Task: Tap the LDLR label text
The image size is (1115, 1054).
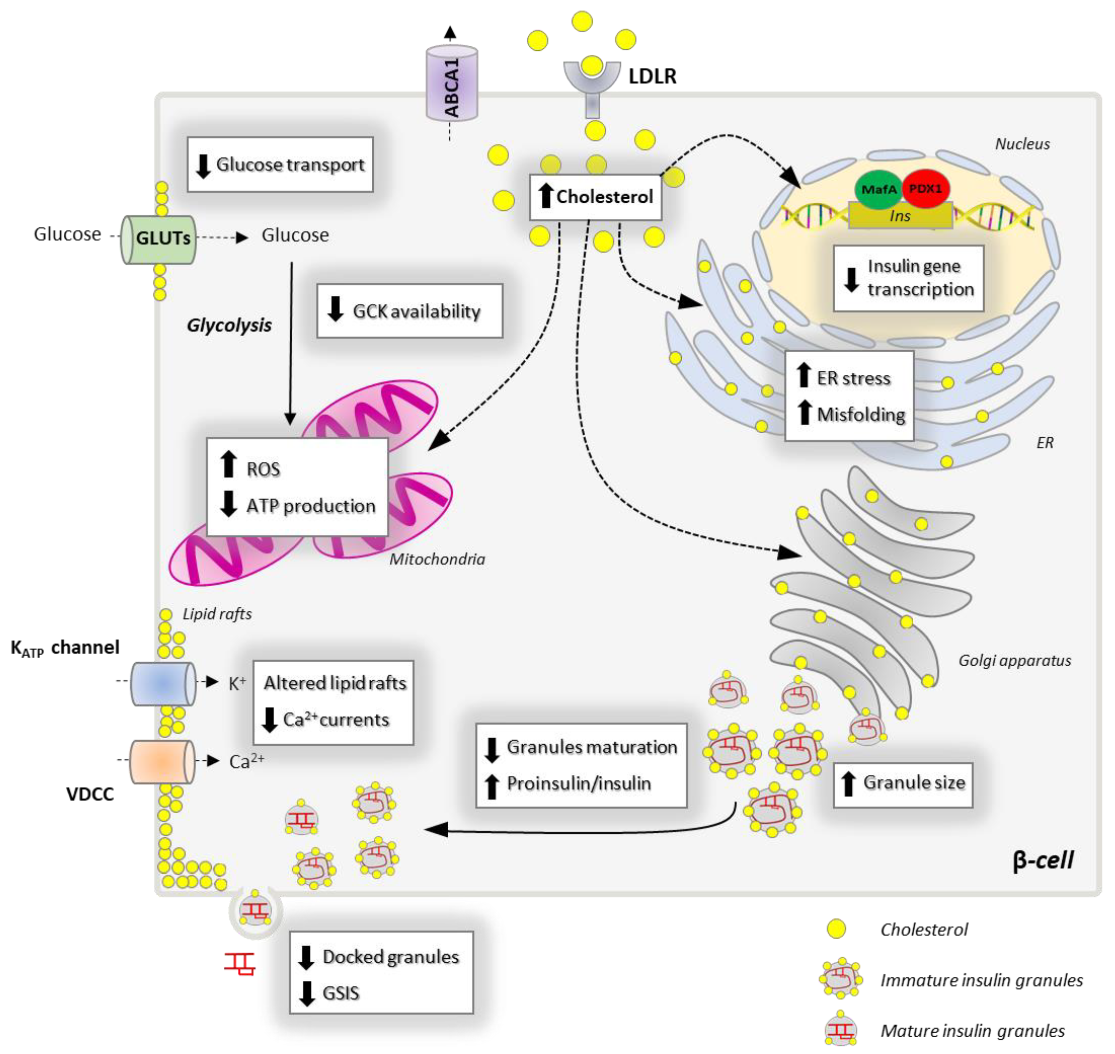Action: click(x=652, y=76)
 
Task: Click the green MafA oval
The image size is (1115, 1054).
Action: click(x=878, y=189)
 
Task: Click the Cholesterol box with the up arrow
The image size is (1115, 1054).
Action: click(x=595, y=197)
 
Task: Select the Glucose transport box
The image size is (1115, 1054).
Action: click(x=280, y=165)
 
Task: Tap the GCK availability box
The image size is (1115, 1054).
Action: click(x=409, y=311)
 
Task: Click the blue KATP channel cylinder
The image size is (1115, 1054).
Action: click(x=163, y=683)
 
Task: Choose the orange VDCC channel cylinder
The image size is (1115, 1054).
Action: click(x=162, y=761)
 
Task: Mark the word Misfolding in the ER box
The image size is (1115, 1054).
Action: click(x=861, y=415)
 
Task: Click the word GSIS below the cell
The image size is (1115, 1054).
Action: click(x=340, y=993)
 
